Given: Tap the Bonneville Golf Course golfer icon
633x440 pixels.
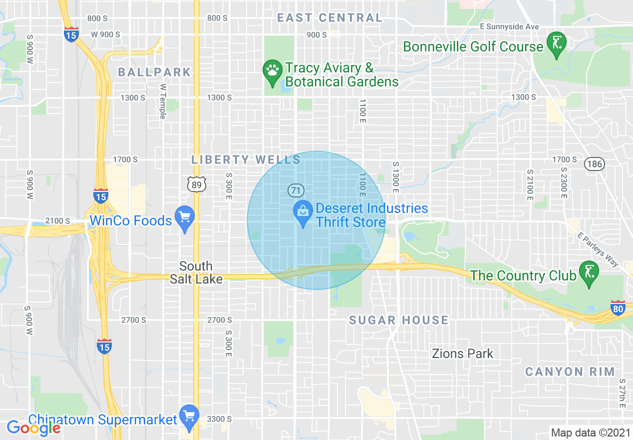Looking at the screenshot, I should tap(556, 43).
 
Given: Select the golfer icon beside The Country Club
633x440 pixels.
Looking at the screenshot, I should tap(589, 272).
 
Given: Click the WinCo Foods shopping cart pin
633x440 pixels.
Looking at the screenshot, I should tap(185, 218).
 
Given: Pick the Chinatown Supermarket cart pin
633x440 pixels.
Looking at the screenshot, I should tap(189, 416).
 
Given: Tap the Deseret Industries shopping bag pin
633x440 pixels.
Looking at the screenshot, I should tap(303, 212).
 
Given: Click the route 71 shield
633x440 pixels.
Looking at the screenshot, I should tap(296, 190).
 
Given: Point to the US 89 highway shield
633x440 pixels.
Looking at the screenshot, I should tap(196, 185).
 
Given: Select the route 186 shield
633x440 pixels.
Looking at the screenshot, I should tap(595, 163).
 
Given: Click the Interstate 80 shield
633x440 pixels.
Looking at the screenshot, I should tap(618, 308).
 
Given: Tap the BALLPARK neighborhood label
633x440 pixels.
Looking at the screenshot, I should tap(154, 72).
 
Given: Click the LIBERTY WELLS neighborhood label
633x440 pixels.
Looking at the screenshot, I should tap(246, 160).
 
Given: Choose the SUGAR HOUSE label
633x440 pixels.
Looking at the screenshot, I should tap(398, 320).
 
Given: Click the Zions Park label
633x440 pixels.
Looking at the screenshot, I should tap(462, 353).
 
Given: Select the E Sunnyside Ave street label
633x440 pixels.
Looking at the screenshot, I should tap(509, 26).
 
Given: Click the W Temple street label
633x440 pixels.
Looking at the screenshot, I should tap(162, 101).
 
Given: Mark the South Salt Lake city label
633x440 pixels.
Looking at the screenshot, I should tap(196, 272).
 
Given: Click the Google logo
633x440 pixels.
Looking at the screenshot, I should tap(34, 427).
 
